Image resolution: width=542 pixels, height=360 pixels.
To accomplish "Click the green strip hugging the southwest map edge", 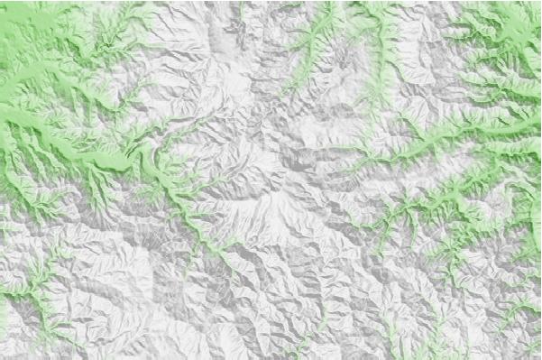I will click(x=7, y=307).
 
